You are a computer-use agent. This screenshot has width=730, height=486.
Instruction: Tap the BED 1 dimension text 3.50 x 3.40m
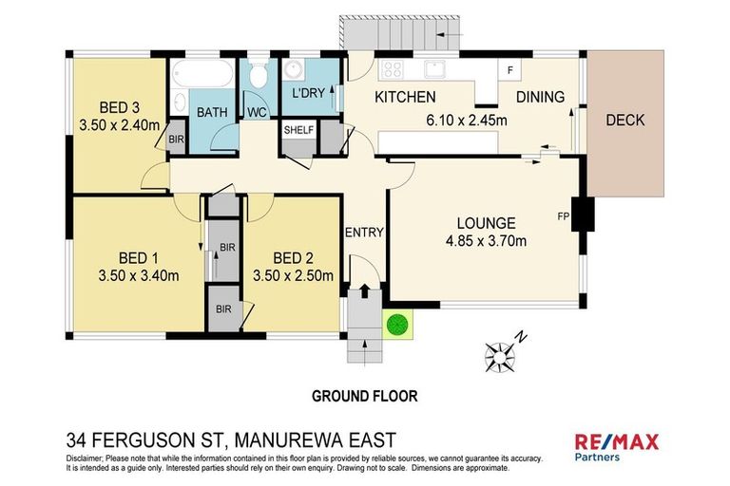coord(139,276)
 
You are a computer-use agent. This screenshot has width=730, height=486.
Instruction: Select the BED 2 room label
coord(293,258)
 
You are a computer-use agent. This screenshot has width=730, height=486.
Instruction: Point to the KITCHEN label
coord(405,97)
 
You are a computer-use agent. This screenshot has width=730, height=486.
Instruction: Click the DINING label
coord(540,97)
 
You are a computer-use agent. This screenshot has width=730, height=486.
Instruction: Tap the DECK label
coord(624,120)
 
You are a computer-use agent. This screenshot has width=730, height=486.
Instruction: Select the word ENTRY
coord(364,234)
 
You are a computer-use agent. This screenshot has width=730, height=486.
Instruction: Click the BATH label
coord(212,112)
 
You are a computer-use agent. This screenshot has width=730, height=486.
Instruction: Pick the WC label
coord(257,112)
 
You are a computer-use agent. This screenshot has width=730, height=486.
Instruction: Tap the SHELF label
coord(298,131)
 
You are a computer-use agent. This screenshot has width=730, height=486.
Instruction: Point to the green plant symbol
coord(397,325)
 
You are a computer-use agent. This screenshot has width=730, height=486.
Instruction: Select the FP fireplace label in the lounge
coord(563,215)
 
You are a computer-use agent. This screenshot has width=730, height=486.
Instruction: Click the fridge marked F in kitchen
coord(510,71)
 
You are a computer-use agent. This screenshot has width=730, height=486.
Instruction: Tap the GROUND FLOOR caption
coord(364,395)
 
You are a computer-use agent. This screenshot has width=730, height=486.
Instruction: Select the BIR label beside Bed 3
coord(176,139)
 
